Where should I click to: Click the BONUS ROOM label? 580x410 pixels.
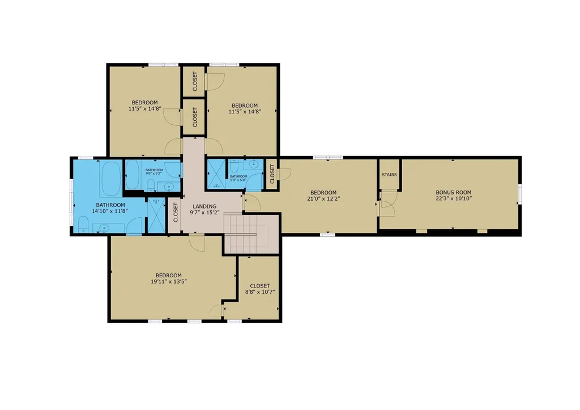coord(453,192)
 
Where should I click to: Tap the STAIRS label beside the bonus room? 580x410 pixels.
coord(389,175)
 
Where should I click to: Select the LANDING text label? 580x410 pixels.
coord(204,206)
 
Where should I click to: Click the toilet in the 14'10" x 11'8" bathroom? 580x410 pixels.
coord(83,228)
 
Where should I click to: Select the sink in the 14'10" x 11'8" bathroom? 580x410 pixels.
coord(104,228)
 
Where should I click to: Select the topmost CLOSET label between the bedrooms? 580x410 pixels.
coord(194,82)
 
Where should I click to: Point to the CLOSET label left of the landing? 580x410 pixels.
coord(176,213)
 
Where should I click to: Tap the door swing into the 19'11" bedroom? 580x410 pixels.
coord(197,243)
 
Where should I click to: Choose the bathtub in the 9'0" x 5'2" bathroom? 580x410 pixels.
coord(135,174)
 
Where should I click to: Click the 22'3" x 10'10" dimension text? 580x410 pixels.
coord(453,198)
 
